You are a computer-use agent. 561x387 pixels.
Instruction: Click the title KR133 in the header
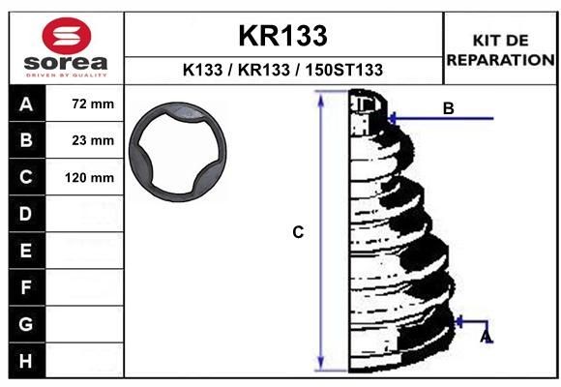tap(283, 36)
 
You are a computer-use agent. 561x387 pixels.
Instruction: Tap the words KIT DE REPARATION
tap(500, 49)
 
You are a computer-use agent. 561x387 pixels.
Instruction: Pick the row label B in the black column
tap(26, 140)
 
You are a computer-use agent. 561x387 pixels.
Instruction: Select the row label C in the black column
tap(26, 177)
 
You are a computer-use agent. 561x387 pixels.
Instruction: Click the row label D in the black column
tap(26, 214)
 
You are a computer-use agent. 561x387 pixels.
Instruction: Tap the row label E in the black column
tap(26, 251)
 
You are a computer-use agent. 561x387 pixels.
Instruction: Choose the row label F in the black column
tap(26, 287)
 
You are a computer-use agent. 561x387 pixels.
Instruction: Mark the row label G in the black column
tap(26, 324)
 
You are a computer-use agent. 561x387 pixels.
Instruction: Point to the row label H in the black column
tap(26, 361)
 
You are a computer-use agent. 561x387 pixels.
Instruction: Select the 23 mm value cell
tap(93, 140)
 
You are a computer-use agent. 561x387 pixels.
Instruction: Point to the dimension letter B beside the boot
tap(448, 108)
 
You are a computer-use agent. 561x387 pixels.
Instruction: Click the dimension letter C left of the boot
tap(299, 232)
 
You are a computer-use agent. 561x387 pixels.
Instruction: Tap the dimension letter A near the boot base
tap(487, 336)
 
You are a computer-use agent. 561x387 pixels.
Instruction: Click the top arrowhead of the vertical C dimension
tap(321, 99)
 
